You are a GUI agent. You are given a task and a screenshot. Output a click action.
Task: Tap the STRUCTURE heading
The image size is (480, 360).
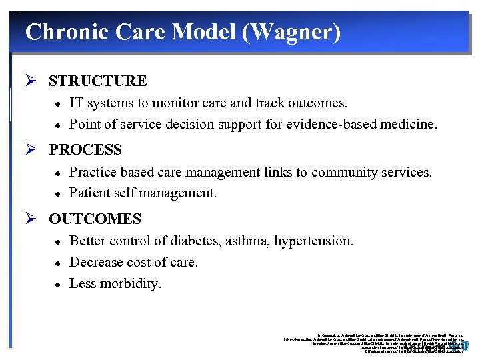click(x=97, y=81)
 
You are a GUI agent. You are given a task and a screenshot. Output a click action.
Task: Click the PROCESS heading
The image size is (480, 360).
click(x=85, y=150)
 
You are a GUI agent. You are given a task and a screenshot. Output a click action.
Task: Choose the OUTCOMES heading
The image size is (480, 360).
click(x=95, y=219)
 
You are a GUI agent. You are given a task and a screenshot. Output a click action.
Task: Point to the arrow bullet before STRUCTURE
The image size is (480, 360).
click(x=31, y=81)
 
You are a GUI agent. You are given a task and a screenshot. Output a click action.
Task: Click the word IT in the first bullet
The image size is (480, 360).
click(x=76, y=103)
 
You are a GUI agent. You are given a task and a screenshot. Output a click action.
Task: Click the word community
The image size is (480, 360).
click(x=333, y=173)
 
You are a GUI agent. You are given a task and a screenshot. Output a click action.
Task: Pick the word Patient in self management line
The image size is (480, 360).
click(x=90, y=194)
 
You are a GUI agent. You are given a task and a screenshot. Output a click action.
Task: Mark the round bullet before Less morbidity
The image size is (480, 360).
click(x=58, y=285)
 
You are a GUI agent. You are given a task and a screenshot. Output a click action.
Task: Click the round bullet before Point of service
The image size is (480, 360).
click(x=58, y=125)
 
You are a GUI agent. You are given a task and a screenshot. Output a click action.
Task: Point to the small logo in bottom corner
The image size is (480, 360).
click(x=463, y=346)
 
